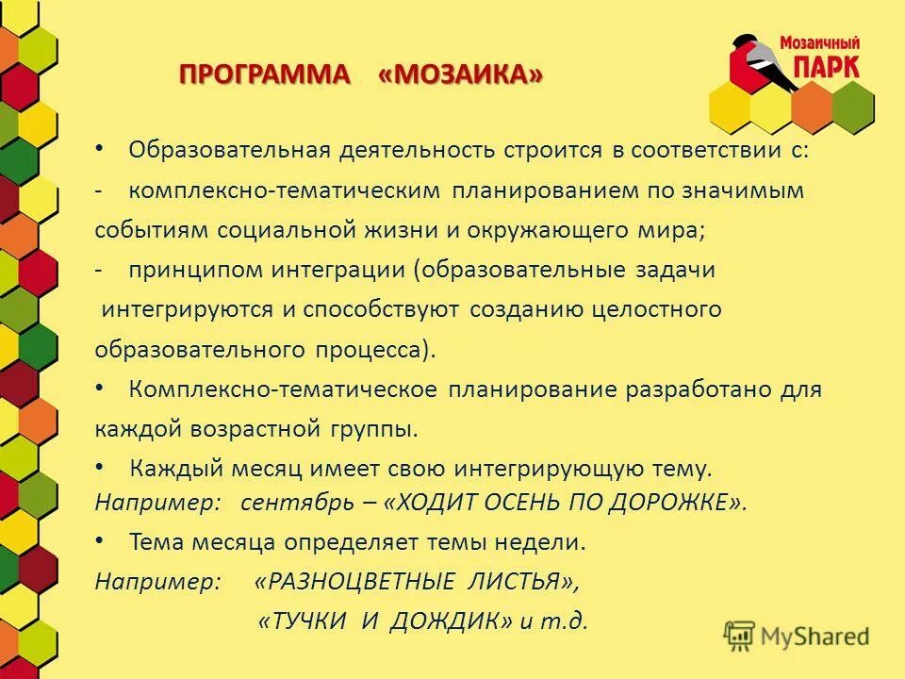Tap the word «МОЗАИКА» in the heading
tap(461, 75)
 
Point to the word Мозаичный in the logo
tap(818, 42)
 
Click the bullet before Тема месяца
tap(102, 541)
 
